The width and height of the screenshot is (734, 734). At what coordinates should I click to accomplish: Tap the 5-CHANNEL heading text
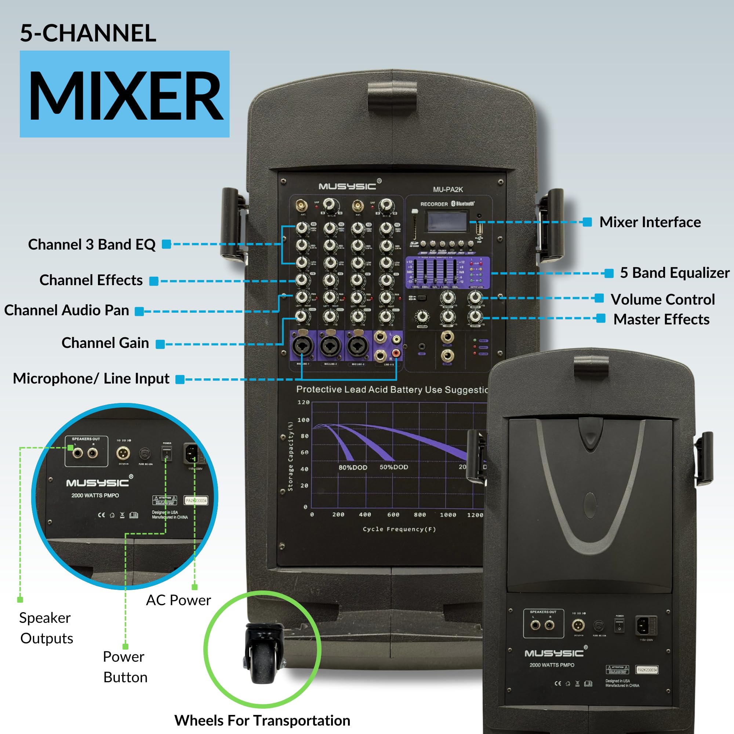[88, 33]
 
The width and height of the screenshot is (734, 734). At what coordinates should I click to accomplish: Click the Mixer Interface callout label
[650, 222]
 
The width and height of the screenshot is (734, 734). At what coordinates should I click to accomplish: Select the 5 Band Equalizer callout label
[674, 273]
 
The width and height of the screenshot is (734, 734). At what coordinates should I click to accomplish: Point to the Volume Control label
[662, 299]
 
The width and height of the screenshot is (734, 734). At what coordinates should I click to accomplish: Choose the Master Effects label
[661, 319]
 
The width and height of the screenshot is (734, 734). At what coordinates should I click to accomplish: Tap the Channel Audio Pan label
[66, 310]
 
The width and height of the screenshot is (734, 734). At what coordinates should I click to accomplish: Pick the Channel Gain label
[105, 343]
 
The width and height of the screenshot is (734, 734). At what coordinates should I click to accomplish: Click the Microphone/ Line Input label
[91, 378]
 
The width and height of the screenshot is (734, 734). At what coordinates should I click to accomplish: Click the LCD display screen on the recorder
[447, 221]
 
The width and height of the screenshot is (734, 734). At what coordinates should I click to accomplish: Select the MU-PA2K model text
[448, 189]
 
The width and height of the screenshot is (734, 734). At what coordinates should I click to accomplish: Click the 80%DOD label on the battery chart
[353, 467]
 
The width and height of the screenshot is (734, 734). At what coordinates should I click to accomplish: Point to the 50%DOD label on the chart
[393, 467]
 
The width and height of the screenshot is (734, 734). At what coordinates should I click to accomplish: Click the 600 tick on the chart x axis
[393, 515]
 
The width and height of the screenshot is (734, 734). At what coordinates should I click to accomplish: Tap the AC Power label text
[178, 600]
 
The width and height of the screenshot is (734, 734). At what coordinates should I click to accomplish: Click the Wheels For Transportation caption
[262, 720]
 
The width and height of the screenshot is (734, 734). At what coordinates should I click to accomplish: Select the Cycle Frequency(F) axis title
[399, 529]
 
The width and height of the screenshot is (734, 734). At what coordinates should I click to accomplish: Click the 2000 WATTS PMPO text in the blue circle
[95, 495]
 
